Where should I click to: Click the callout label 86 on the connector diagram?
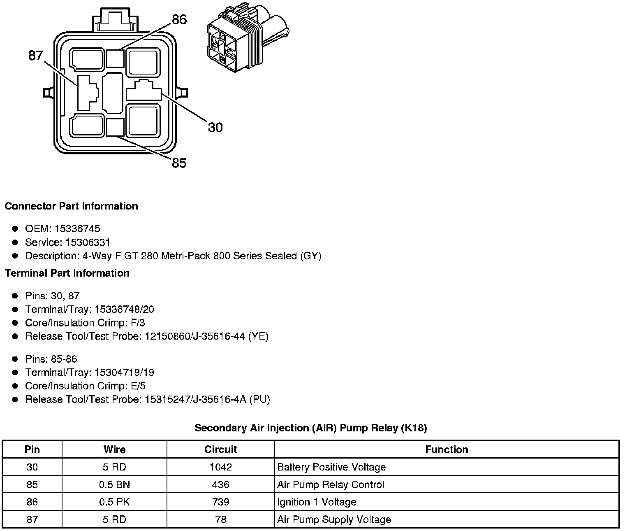(x=179, y=19)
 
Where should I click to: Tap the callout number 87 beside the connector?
(x=35, y=56)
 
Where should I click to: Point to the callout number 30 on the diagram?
(x=215, y=128)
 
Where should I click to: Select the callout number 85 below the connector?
(x=179, y=163)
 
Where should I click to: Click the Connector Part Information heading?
(x=71, y=206)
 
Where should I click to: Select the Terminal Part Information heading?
(x=67, y=273)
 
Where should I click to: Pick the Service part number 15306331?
(x=88, y=242)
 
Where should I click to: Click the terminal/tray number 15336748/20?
(x=124, y=310)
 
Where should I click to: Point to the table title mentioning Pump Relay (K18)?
(x=310, y=428)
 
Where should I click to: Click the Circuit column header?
(x=220, y=449)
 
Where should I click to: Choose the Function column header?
(x=447, y=449)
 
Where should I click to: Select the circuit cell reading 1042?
(x=220, y=467)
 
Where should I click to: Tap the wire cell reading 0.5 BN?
(x=114, y=485)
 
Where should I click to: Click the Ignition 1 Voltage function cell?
(x=317, y=502)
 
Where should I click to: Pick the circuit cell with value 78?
(x=220, y=520)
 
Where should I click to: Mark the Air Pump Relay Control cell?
(x=331, y=485)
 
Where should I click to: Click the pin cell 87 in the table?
(x=32, y=520)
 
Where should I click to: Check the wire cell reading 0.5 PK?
(x=114, y=502)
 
